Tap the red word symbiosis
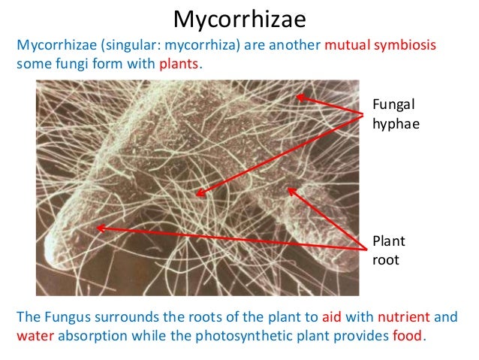tap(405, 47)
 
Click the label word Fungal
tap(390, 105)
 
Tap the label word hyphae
tap(392, 123)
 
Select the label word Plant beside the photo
tap(387, 242)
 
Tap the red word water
tap(32, 334)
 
